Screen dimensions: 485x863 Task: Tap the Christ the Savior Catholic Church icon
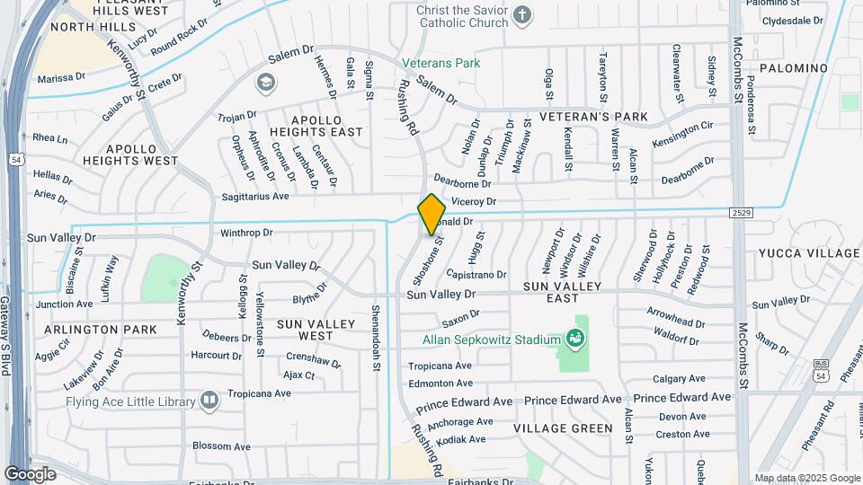[x=521, y=15]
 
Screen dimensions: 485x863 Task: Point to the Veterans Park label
[x=440, y=63]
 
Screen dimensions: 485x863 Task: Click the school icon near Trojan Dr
[x=265, y=84]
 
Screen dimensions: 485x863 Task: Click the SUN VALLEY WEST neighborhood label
[x=305, y=330]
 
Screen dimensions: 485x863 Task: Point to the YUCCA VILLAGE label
[x=809, y=253]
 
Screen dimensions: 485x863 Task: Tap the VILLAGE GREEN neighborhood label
[x=563, y=428]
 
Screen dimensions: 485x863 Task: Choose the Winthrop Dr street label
[x=246, y=233]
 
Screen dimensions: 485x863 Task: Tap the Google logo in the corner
[x=30, y=473]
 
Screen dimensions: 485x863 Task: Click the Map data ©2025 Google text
[x=806, y=478]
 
